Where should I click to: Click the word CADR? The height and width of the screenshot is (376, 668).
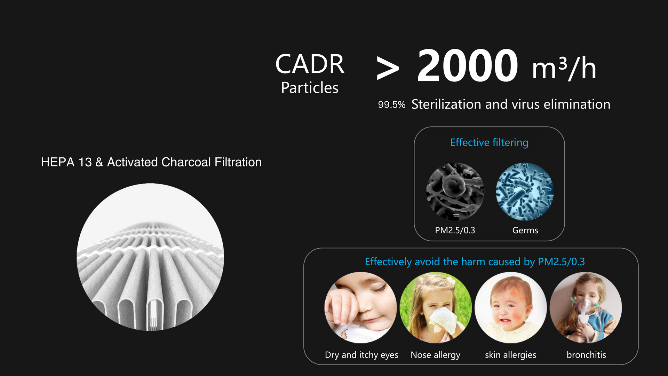(x=310, y=64)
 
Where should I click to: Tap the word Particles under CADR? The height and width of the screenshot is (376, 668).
(x=310, y=88)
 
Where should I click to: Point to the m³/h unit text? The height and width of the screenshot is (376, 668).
(x=564, y=68)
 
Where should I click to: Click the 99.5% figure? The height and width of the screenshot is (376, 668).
(x=392, y=105)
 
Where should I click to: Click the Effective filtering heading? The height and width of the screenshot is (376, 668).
(x=489, y=142)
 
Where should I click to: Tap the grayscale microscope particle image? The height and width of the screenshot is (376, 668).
(x=455, y=191)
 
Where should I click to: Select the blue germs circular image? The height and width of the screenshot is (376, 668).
(x=525, y=191)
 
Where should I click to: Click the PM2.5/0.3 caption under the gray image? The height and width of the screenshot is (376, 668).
(x=455, y=230)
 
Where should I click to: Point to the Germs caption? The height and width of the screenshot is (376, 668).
(x=525, y=230)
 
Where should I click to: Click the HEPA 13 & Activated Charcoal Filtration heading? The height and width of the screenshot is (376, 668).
(x=151, y=162)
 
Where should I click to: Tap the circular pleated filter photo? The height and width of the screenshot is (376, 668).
(x=150, y=257)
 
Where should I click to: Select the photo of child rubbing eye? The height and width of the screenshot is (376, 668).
(x=360, y=308)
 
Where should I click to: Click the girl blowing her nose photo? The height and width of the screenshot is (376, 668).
(x=436, y=308)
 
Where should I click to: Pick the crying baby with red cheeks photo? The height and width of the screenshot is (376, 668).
(x=511, y=308)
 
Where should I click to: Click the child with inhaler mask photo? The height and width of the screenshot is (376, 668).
(x=586, y=308)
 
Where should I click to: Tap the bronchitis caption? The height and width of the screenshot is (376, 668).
(x=586, y=355)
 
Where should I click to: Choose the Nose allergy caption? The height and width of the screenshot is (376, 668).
(x=435, y=355)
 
